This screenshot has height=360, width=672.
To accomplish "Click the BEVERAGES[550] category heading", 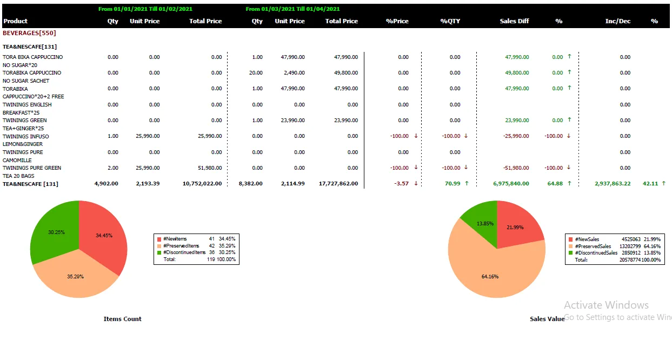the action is point(29,33).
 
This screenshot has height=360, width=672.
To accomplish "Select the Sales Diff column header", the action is point(514,21).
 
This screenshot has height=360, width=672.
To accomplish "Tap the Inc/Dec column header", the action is point(618,21).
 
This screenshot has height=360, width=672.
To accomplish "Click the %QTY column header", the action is point(450,21).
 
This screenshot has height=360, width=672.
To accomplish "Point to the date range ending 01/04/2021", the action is point(292,9).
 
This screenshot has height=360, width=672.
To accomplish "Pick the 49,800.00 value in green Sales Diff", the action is point(517,72).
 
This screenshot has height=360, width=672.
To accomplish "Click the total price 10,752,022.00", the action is point(202,184).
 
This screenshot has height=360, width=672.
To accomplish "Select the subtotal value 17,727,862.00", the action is point(338,184).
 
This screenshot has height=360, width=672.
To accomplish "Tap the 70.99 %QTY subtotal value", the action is point(453,184).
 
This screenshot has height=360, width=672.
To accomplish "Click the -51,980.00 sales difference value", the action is point(516,168).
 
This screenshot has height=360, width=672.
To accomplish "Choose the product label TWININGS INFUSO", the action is point(26,137).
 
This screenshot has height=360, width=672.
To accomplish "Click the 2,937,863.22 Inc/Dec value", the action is point(613,184).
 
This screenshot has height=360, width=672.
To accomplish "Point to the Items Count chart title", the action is point(122,319).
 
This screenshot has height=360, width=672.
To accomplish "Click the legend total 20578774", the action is point(629,260).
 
